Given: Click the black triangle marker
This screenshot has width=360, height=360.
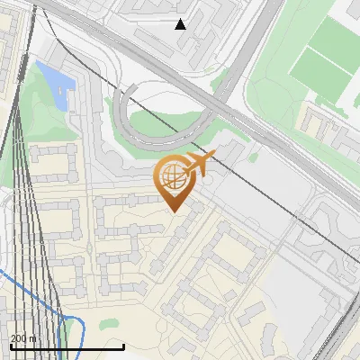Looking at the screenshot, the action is tap(181, 24).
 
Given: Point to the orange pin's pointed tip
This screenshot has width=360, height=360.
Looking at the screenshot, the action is tap(175, 211).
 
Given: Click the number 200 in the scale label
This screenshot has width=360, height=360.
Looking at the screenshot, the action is tap(19, 338).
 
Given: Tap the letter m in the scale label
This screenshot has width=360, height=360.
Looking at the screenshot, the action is tap(33, 338).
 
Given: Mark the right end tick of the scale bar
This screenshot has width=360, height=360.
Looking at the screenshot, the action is tap(123, 346).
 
